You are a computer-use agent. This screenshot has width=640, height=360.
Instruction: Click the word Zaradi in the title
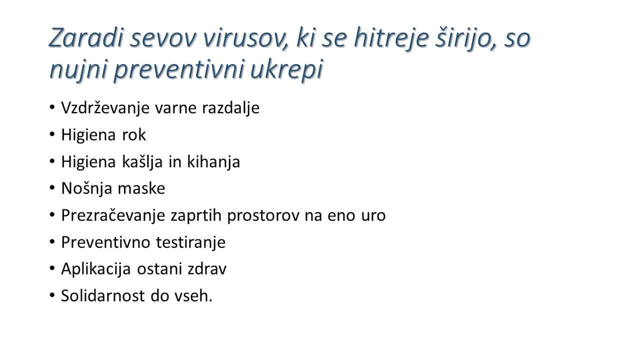tap(86, 37)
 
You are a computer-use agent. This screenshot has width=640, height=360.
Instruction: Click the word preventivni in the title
tap(179, 69)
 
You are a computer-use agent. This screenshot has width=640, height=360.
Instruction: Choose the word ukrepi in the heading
tap(286, 69)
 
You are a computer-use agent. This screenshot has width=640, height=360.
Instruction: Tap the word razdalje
tap(231, 108)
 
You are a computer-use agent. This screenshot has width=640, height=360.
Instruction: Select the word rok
tap(134, 134)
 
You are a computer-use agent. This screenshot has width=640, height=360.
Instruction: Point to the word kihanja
tap(213, 161)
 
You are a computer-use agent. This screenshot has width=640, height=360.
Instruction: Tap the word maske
tap(141, 188)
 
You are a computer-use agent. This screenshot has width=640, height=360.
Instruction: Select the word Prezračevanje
tap(113, 215)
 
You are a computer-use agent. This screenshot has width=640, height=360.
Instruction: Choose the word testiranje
tap(191, 242)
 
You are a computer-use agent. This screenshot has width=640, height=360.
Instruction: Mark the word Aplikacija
tap(96, 269)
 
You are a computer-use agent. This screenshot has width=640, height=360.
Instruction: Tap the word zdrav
tap(207, 269)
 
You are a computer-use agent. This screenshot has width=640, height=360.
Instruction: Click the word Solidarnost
tap(103, 295)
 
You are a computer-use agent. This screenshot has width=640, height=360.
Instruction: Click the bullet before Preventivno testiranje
tap(52, 242)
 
